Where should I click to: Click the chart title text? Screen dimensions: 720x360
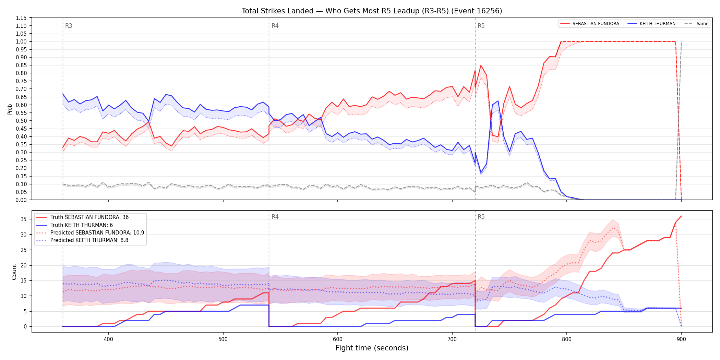pos(372,11)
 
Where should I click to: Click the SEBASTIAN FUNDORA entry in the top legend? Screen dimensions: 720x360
pos(596,24)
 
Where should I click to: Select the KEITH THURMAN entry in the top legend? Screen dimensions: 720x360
pos(657,24)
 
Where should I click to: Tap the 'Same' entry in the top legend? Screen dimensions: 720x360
pos(702,24)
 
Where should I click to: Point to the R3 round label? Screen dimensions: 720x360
pos(69,26)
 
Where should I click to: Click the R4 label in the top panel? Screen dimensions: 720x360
pos(275,26)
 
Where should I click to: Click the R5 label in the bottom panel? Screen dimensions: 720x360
pos(481,217)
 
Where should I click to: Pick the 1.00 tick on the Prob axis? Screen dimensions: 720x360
pos(21,41)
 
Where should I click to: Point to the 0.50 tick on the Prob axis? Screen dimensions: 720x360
pos(21,121)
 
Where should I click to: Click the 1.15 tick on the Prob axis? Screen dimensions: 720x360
pos(21,18)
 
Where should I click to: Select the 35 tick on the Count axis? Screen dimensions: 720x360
pos(24,219)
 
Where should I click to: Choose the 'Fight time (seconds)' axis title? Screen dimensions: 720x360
pos(372,348)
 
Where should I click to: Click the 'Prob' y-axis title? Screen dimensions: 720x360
pos(10,109)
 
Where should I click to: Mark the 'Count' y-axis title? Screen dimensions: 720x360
pos(14,272)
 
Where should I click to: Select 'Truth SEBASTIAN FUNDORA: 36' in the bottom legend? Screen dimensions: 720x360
pos(89,217)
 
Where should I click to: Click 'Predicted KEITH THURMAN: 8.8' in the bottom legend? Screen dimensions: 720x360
pos(89,240)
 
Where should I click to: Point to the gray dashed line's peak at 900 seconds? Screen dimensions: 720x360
pos(681,42)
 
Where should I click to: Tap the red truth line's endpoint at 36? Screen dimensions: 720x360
pos(681,216)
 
